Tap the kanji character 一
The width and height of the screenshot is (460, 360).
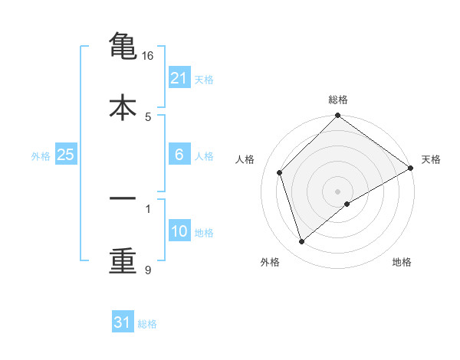[x=123, y=199]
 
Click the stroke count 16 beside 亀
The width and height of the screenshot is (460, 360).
[x=149, y=56]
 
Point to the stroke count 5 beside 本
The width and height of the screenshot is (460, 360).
[x=149, y=116]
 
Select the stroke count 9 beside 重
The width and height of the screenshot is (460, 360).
[x=149, y=270]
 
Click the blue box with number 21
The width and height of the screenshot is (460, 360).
[x=179, y=78]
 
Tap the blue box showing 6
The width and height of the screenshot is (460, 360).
[x=179, y=155]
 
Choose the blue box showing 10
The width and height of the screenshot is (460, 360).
[x=179, y=231]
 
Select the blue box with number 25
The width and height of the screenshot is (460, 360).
[x=65, y=155]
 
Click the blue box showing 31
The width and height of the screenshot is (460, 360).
[x=123, y=322]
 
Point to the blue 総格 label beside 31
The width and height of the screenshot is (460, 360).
[x=147, y=324]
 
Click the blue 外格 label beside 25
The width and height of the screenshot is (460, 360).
[x=41, y=156]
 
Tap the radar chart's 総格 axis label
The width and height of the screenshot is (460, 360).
[x=338, y=100]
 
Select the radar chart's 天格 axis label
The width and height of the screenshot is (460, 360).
[x=431, y=159]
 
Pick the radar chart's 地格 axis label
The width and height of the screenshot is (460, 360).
[x=402, y=262]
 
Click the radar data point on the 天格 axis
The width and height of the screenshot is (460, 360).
[x=411, y=168]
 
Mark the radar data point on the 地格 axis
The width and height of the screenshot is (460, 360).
[x=347, y=204]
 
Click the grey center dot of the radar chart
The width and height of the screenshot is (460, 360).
[x=338, y=191]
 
